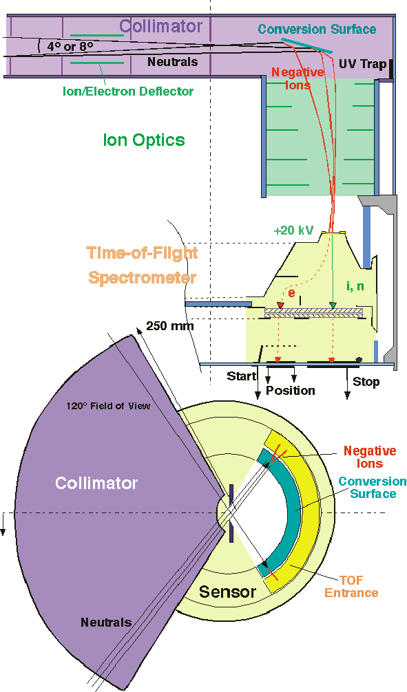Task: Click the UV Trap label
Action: (x=362, y=63)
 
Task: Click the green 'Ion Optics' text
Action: (x=144, y=140)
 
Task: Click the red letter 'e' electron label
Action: (x=291, y=292)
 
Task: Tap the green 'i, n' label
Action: (x=354, y=285)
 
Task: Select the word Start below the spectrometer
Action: (x=241, y=376)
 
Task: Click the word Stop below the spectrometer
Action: (x=366, y=381)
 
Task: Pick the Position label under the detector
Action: (x=291, y=391)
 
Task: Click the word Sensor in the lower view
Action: (x=227, y=592)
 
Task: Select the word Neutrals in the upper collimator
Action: (x=173, y=62)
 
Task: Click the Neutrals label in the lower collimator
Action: (x=106, y=623)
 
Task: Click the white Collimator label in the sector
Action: (x=96, y=483)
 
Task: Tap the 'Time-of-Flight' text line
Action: (x=142, y=253)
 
